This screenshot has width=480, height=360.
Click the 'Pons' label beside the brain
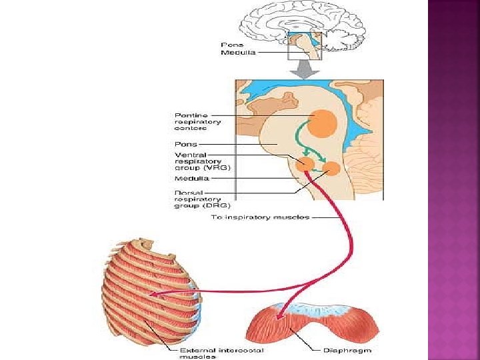coord(231,44)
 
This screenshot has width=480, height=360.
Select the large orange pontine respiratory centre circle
coord(323,121)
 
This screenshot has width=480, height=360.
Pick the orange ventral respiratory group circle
coord(306,164)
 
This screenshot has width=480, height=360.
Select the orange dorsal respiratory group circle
coord(331,169)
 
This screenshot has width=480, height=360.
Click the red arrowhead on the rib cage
coord(153,293)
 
